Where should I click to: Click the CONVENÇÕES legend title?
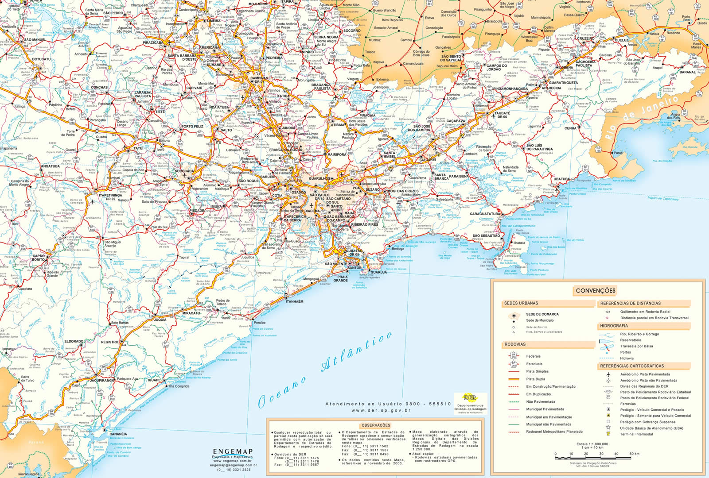[x=596, y=291]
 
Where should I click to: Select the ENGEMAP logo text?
[x=233, y=451]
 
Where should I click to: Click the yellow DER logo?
[x=470, y=397]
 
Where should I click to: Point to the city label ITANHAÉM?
[x=294, y=301]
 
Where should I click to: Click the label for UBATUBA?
[x=561, y=179]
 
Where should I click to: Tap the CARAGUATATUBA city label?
[x=485, y=214]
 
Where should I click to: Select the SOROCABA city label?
[x=184, y=171]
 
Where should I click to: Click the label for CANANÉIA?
[x=118, y=434]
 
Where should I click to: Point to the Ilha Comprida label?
[x=179, y=386]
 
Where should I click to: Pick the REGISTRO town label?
[x=109, y=342]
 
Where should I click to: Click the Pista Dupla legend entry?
[x=535, y=379]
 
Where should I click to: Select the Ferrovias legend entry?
[x=628, y=404]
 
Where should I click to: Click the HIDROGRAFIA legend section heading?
[x=614, y=326]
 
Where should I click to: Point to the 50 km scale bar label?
[x=634, y=454]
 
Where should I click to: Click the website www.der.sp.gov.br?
[x=376, y=410]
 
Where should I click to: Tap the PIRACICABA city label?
[x=152, y=43]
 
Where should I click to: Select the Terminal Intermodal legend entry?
[x=637, y=434]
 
